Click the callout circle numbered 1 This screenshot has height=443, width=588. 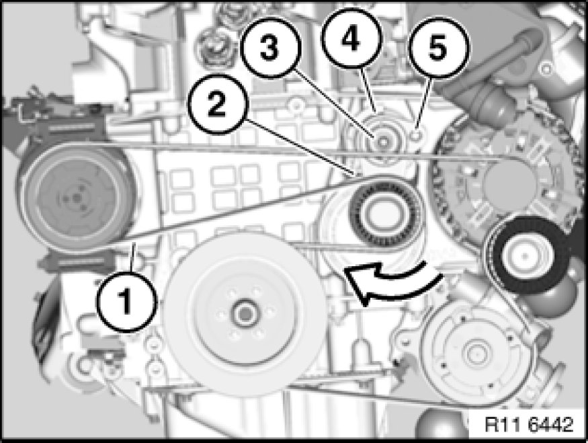pos(126,302)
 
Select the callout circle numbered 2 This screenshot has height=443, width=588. pos(217,104)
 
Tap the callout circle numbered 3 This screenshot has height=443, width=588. pos(270,48)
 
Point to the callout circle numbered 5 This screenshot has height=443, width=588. pos(438,48)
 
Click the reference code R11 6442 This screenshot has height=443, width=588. pos(529,424)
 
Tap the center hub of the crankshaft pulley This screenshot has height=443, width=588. pos(245,315)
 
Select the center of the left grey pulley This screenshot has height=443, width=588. pos(76,198)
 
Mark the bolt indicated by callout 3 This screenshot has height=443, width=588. pos(382,142)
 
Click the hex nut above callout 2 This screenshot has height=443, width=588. pos(212,48)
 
